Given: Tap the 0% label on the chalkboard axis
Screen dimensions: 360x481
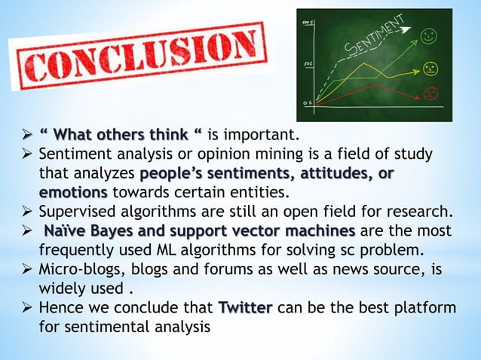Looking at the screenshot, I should (305, 102).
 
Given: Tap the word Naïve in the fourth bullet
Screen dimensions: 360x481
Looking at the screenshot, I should (67, 230).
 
